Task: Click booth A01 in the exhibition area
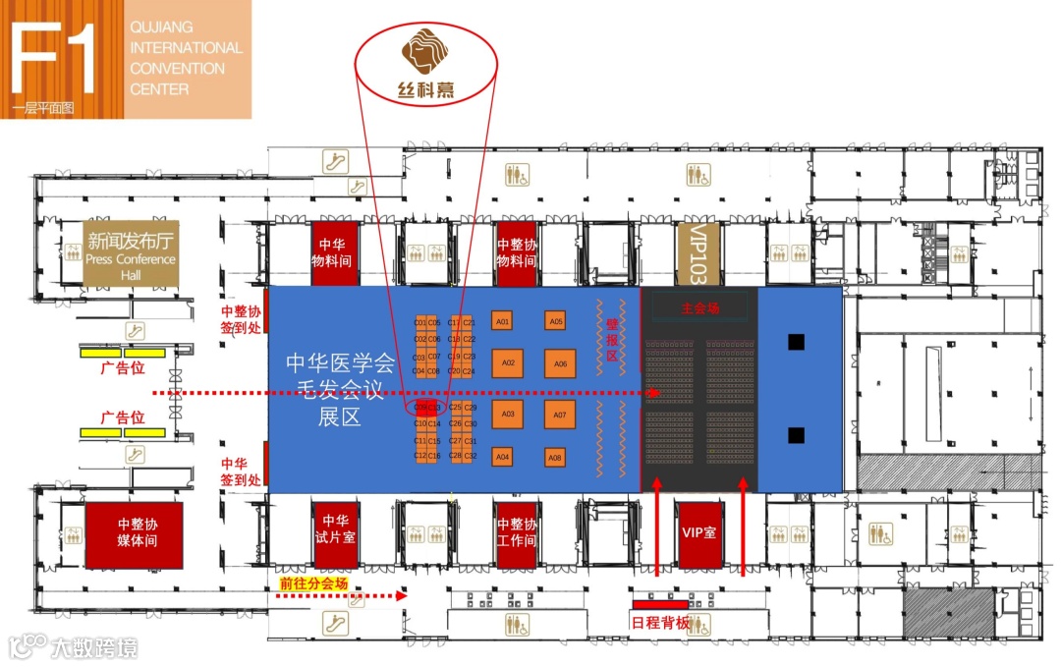[x=502, y=321]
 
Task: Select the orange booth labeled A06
[x=560, y=363]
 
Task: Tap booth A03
[x=508, y=414]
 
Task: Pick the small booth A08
[x=555, y=458]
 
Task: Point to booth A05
[x=556, y=321]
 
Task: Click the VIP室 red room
[x=698, y=531]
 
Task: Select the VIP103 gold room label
[x=699, y=252]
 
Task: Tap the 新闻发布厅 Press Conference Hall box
[x=131, y=253]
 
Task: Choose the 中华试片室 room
[x=335, y=531]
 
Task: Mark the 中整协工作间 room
[x=516, y=531]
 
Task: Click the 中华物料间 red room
[x=335, y=252]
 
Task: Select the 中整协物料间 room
[x=516, y=252]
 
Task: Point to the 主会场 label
[x=699, y=307]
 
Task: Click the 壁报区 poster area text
[x=611, y=340]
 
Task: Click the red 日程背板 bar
[x=659, y=602]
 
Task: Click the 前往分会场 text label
[x=314, y=584]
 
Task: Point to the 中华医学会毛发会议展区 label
[x=339, y=390]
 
